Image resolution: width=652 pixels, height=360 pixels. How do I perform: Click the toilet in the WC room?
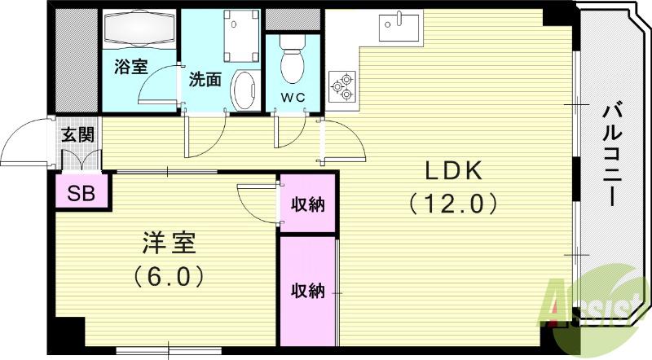tap(289, 57)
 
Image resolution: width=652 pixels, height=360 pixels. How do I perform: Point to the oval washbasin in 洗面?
tap(244, 90)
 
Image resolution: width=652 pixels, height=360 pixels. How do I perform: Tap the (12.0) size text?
tap(454, 201)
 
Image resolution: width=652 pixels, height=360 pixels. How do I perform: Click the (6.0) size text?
tap(168, 276)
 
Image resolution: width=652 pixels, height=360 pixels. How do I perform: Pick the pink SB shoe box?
tap(81, 193)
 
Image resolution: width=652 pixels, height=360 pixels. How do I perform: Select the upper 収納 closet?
tap(308, 204)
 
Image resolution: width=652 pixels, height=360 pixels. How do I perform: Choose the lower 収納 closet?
tap(308, 290)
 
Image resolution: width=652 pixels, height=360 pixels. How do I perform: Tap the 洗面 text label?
tap(205, 80)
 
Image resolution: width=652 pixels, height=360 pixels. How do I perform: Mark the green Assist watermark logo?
tap(587, 301)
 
